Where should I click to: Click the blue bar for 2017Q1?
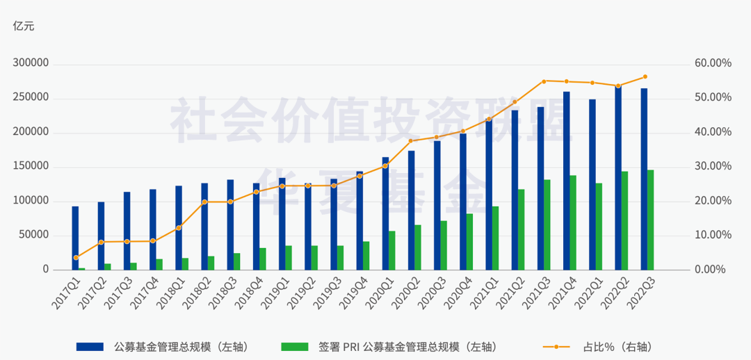click(x=75, y=238)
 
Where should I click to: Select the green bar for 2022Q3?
click(x=650, y=220)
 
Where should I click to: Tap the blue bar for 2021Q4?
click(x=567, y=181)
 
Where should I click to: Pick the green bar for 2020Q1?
click(x=391, y=250)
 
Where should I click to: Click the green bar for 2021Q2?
click(x=521, y=229)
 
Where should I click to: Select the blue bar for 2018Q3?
click(x=230, y=224)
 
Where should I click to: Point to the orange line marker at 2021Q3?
click(x=544, y=81)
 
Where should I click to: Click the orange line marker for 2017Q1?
click(x=76, y=258)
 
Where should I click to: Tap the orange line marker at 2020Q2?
click(x=410, y=141)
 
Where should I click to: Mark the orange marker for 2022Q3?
click(x=645, y=76)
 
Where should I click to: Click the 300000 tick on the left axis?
click(x=31, y=63)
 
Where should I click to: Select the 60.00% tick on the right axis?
click(x=713, y=63)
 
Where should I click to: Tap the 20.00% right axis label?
click(x=713, y=201)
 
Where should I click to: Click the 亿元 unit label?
click(x=24, y=26)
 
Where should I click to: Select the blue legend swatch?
click(x=90, y=347)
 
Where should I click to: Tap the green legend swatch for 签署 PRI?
click(x=295, y=347)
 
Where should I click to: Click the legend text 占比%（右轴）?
click(x=617, y=347)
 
